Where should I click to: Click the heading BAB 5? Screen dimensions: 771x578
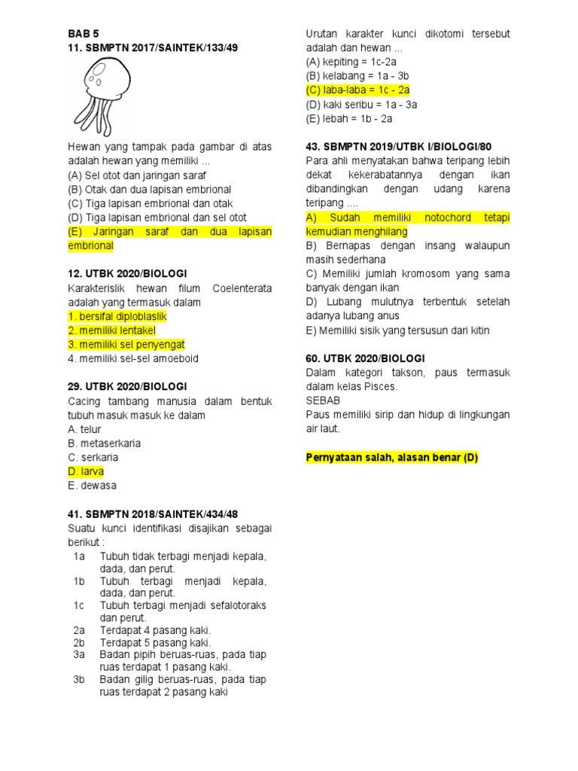coord(84,34)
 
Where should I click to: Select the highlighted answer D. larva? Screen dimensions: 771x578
coord(86,471)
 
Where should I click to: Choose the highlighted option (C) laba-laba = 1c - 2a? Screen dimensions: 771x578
coord(357,90)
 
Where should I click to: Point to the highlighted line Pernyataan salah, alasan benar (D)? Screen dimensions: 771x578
coord(392,457)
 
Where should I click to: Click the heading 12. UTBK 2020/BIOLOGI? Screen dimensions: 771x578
coord(127,274)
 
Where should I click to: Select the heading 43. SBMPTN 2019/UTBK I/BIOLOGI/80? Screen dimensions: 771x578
coord(399,147)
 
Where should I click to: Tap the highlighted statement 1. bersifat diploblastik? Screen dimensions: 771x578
coord(117,316)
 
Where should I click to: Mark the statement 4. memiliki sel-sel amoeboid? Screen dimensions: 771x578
coord(133,358)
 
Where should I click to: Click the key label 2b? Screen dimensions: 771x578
coord(80,642)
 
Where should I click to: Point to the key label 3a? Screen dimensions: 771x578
coord(80,654)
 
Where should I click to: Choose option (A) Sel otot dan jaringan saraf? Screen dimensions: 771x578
coord(136,175)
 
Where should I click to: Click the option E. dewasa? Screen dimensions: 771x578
coord(95,486)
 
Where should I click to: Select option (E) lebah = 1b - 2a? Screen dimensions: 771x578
coord(349,118)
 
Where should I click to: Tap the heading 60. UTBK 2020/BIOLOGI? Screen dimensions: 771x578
coord(366,358)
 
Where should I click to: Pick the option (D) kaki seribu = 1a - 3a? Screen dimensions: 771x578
coord(361,105)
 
